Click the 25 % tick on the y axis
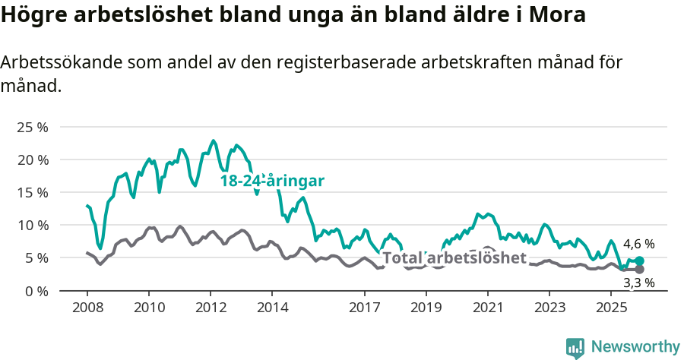tap(31, 127)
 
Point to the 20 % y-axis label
tap(31, 159)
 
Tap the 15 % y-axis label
tap(31, 192)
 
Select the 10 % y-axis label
tap(31, 225)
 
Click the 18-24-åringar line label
tap(272, 181)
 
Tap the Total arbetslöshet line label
tap(454, 257)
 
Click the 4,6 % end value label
tap(638, 245)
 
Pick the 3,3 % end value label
tap(638, 283)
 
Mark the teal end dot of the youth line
tap(640, 261)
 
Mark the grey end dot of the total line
tap(640, 270)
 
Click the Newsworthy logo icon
tap(575, 347)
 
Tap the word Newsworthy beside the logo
tap(635, 347)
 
